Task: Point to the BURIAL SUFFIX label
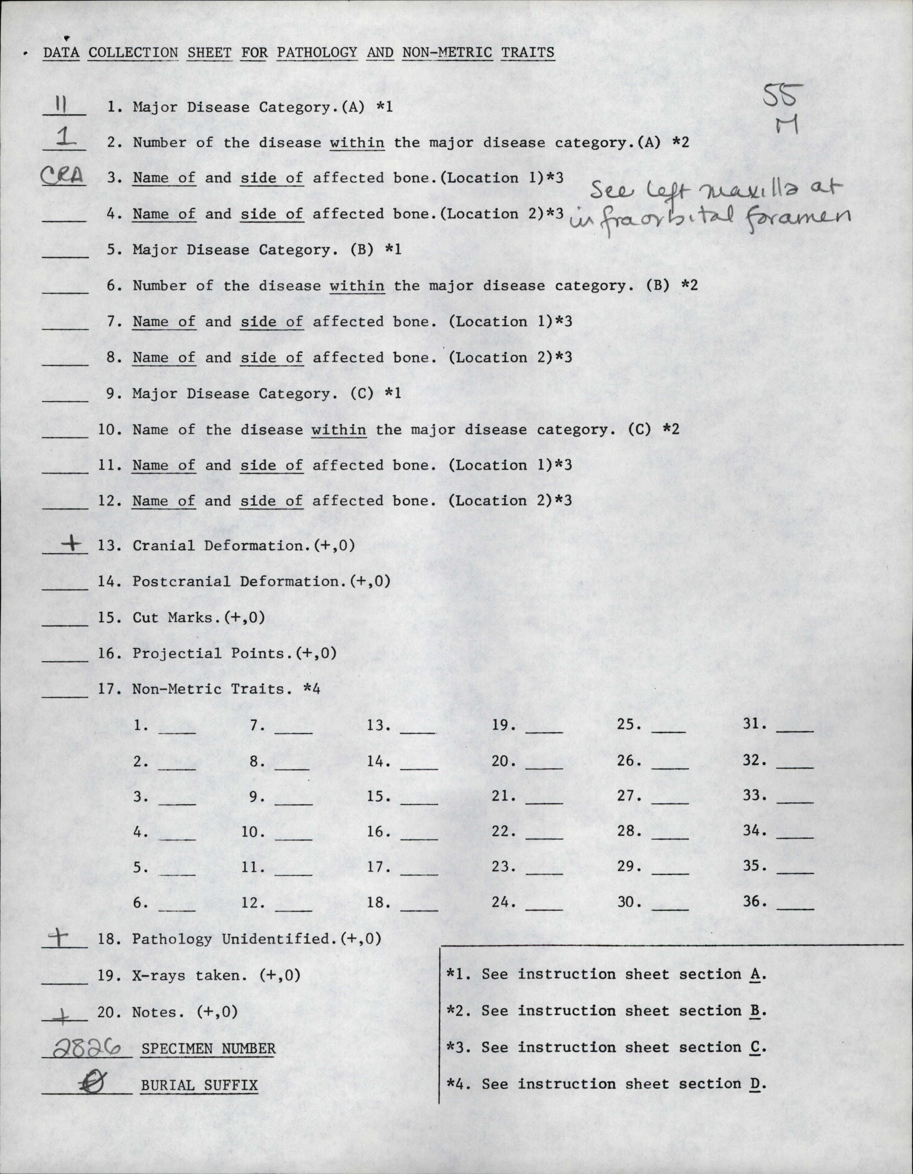(199, 1085)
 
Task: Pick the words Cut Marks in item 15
(172, 617)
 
